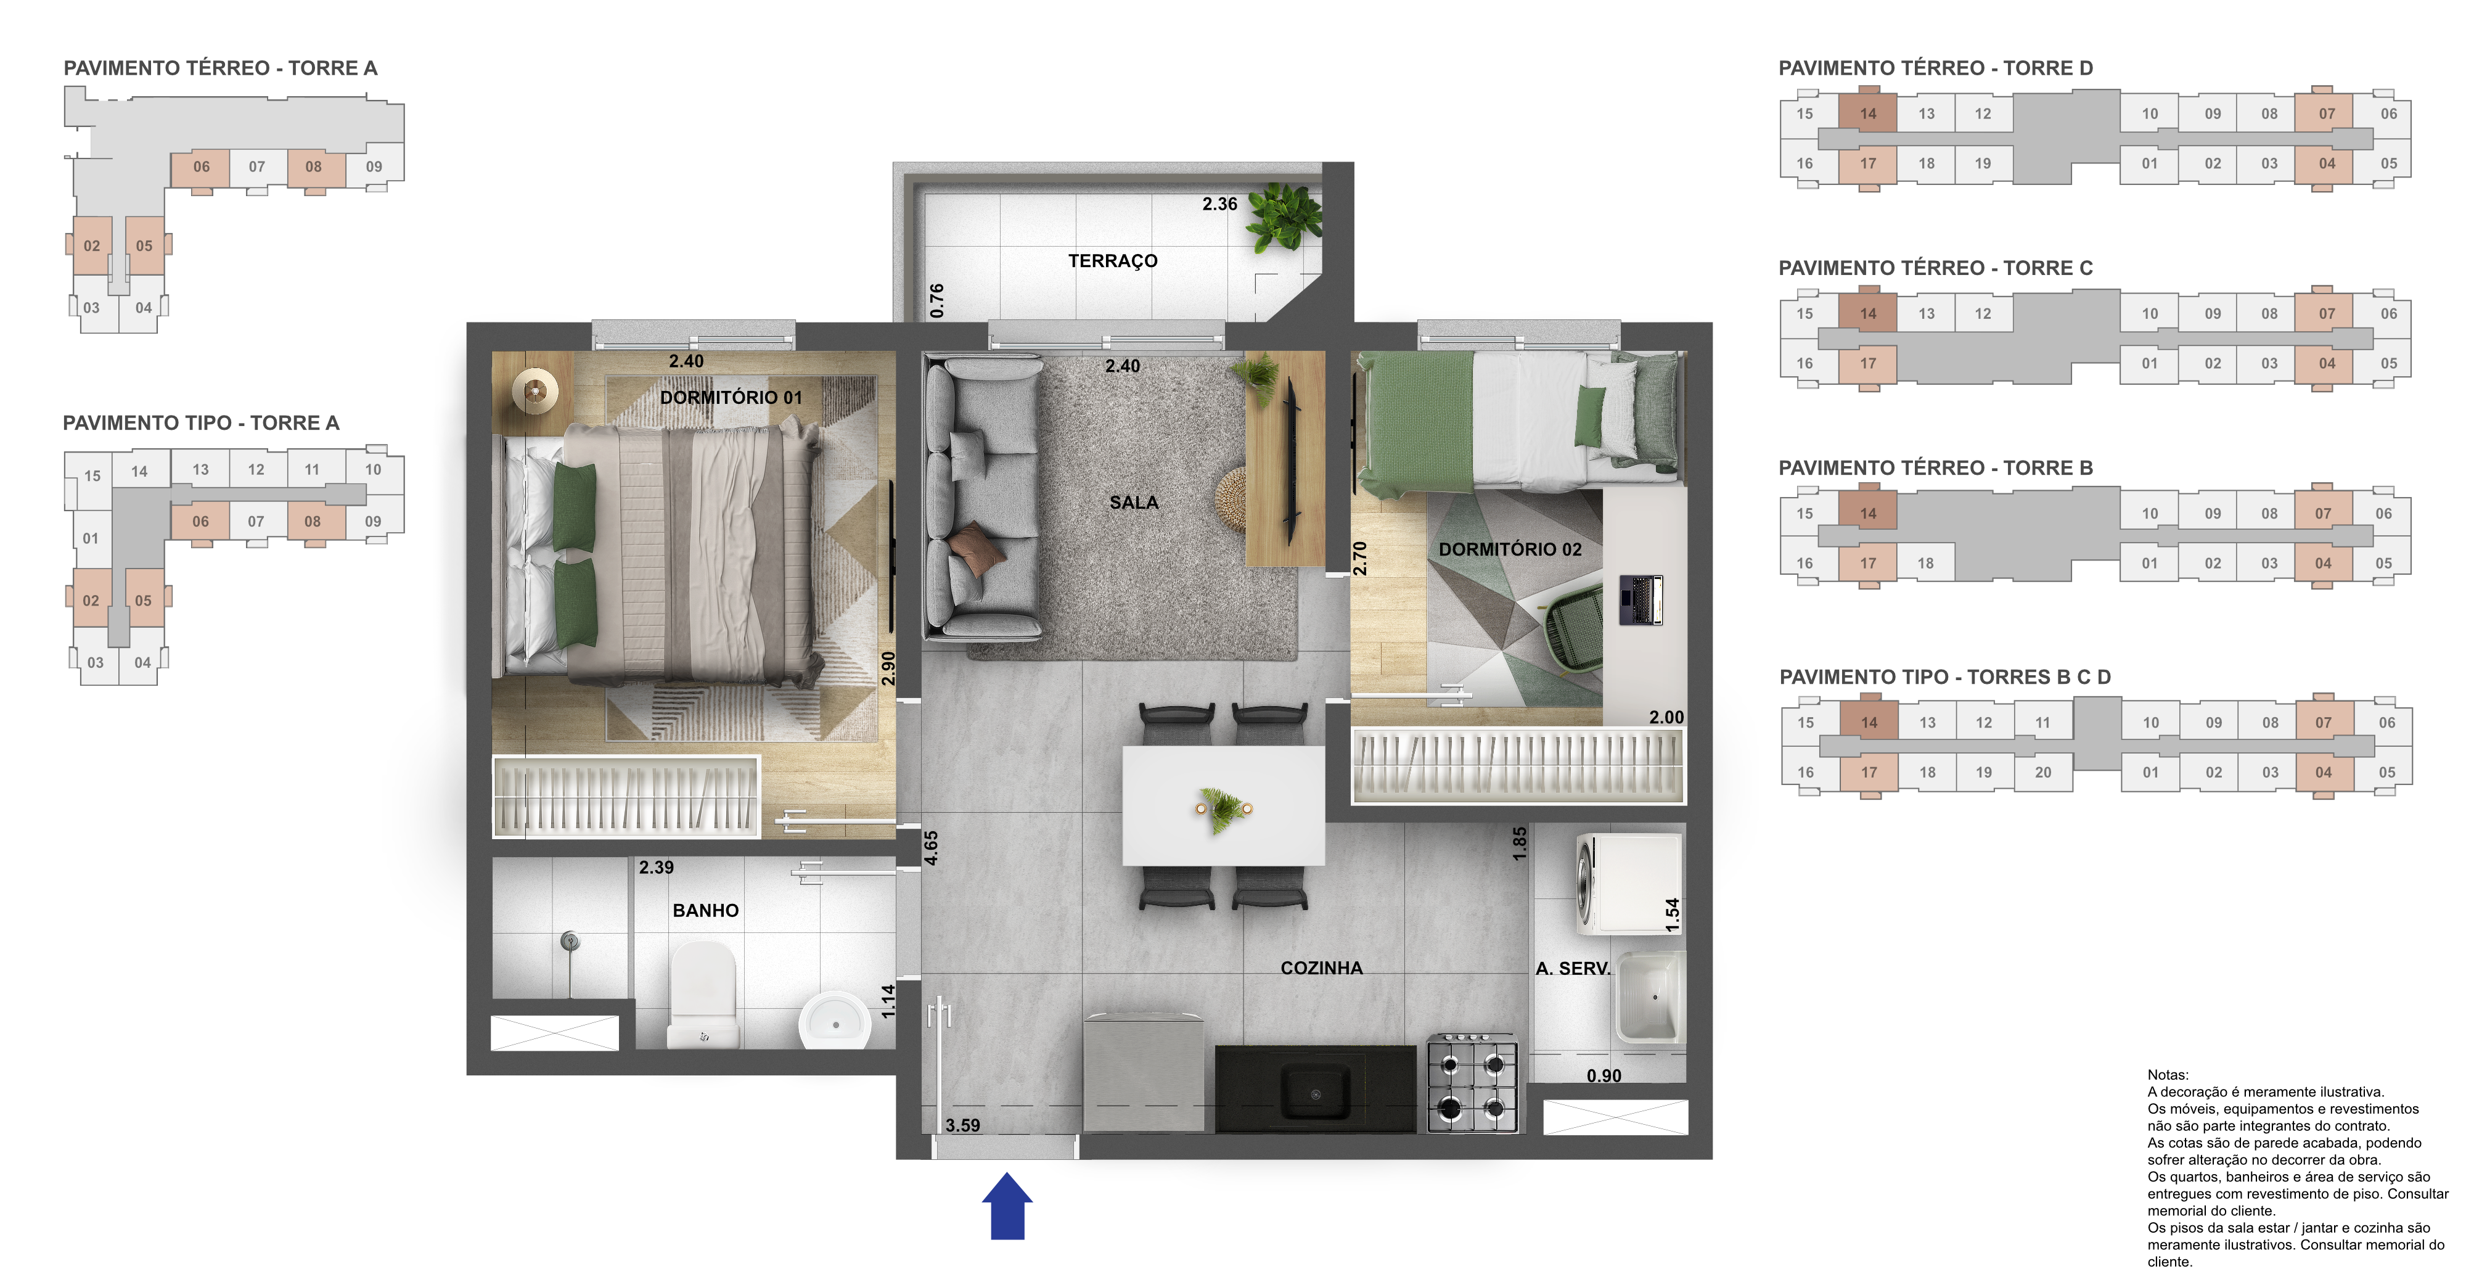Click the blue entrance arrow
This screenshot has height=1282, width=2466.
tap(1007, 1206)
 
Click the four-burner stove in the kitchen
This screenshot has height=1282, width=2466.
tap(1472, 1083)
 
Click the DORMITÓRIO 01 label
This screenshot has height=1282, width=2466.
tap(731, 397)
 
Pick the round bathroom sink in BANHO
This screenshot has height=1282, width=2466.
tap(835, 1021)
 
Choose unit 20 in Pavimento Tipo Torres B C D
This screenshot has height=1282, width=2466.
tap(2043, 773)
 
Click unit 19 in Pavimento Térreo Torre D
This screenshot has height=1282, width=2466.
tap(1983, 164)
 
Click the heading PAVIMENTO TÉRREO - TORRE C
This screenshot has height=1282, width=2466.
tap(1936, 268)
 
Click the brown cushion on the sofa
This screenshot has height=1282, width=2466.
tap(977, 549)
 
